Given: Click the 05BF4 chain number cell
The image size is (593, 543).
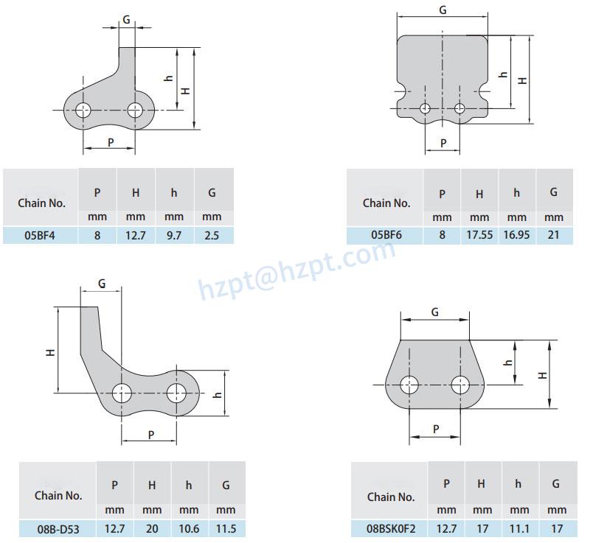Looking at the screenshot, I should click(x=41, y=235).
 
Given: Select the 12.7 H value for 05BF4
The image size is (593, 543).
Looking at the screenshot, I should click(x=136, y=235).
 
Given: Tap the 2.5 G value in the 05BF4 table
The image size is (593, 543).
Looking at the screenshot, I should click(x=212, y=235).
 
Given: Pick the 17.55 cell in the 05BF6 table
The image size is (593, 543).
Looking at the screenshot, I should click(x=479, y=235).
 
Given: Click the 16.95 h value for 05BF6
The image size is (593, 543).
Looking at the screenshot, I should click(x=517, y=235).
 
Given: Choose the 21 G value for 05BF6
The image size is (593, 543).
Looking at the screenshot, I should click(x=554, y=235).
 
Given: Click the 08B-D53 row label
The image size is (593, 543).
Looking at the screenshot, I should click(x=58, y=528).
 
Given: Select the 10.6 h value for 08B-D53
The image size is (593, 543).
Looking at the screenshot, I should click(x=190, y=528).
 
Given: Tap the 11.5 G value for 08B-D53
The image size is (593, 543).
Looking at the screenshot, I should click(x=227, y=528).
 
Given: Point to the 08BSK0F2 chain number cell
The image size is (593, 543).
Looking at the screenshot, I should click(x=390, y=528).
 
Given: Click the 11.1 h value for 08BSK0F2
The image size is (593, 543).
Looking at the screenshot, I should click(x=519, y=528).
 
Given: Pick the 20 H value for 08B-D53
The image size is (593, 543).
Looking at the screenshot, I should click(x=152, y=528).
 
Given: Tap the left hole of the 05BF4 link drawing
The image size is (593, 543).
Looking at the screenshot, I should click(x=83, y=111).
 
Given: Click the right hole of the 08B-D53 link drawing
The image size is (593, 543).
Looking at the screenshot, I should click(x=176, y=393).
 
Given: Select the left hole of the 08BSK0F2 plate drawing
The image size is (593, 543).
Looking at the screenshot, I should click(x=409, y=384).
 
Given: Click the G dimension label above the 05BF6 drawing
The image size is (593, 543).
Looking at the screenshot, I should click(x=442, y=10).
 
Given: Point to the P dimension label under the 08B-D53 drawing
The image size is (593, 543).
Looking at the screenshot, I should click(x=150, y=435).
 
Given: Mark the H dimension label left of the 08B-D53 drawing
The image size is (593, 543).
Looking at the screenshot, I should click(x=50, y=352).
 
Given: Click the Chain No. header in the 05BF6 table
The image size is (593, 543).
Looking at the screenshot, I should click(x=386, y=203).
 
